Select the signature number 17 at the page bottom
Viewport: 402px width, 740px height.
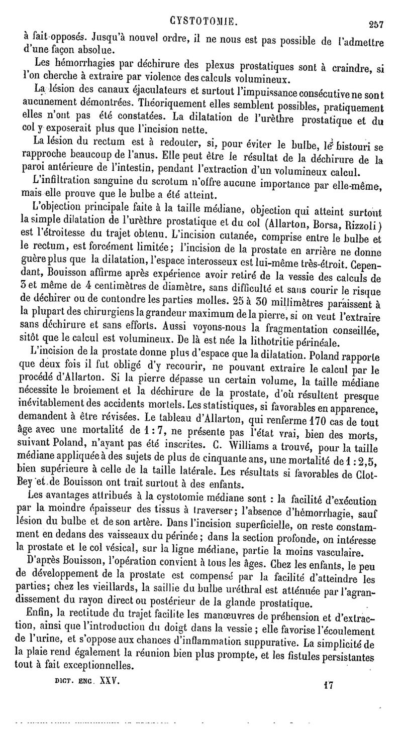coord(330,684)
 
